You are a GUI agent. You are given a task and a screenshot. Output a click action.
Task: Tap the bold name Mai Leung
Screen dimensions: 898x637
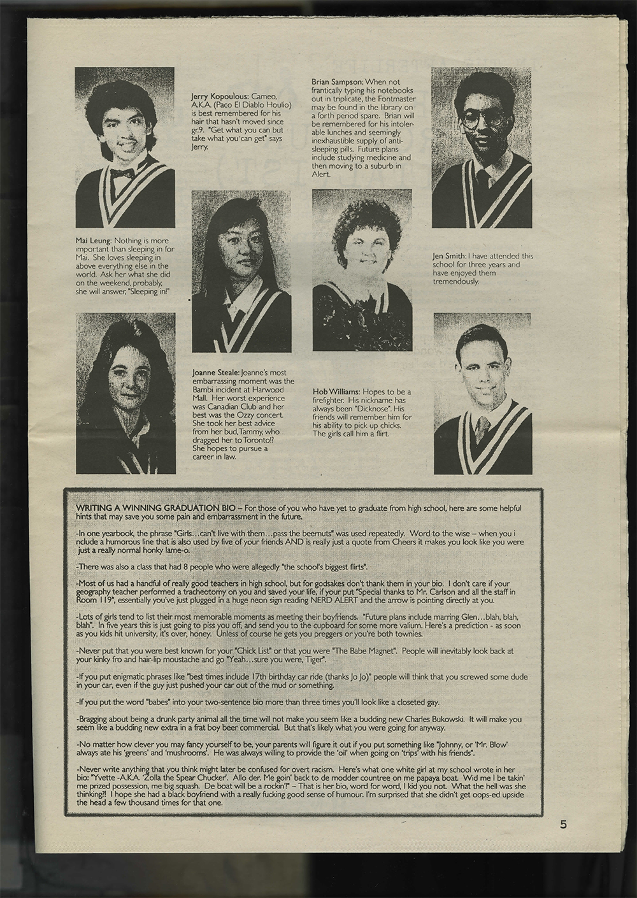pyautogui.click(x=94, y=240)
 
